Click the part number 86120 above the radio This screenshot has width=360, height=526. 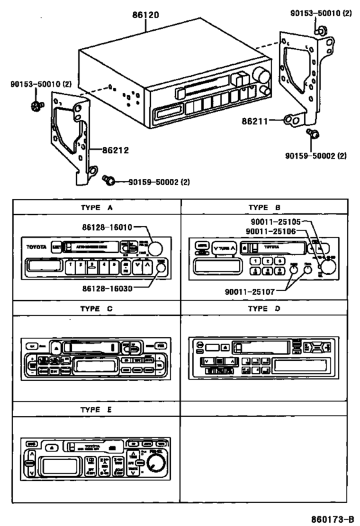147,13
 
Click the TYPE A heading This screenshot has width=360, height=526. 96,207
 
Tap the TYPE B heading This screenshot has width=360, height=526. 264,207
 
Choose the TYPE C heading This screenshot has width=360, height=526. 96,308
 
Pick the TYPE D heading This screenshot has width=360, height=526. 264,308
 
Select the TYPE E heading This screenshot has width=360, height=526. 96,409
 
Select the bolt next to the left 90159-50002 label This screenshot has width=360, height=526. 109,182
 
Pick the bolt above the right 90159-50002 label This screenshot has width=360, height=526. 314,133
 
